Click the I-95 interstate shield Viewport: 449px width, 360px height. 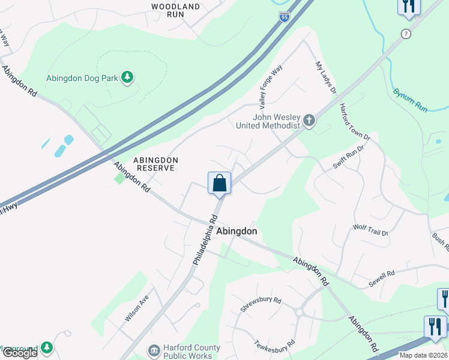click(x=285, y=16)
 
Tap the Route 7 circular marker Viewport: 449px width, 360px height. click(x=406, y=34)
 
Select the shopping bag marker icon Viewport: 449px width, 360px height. click(x=220, y=183)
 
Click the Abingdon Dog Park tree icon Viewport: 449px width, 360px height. click(x=127, y=77)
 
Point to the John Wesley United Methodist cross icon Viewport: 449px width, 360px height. click(x=309, y=121)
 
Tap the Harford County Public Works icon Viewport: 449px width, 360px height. click(x=154, y=349)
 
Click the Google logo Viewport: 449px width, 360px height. click(x=19, y=353)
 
